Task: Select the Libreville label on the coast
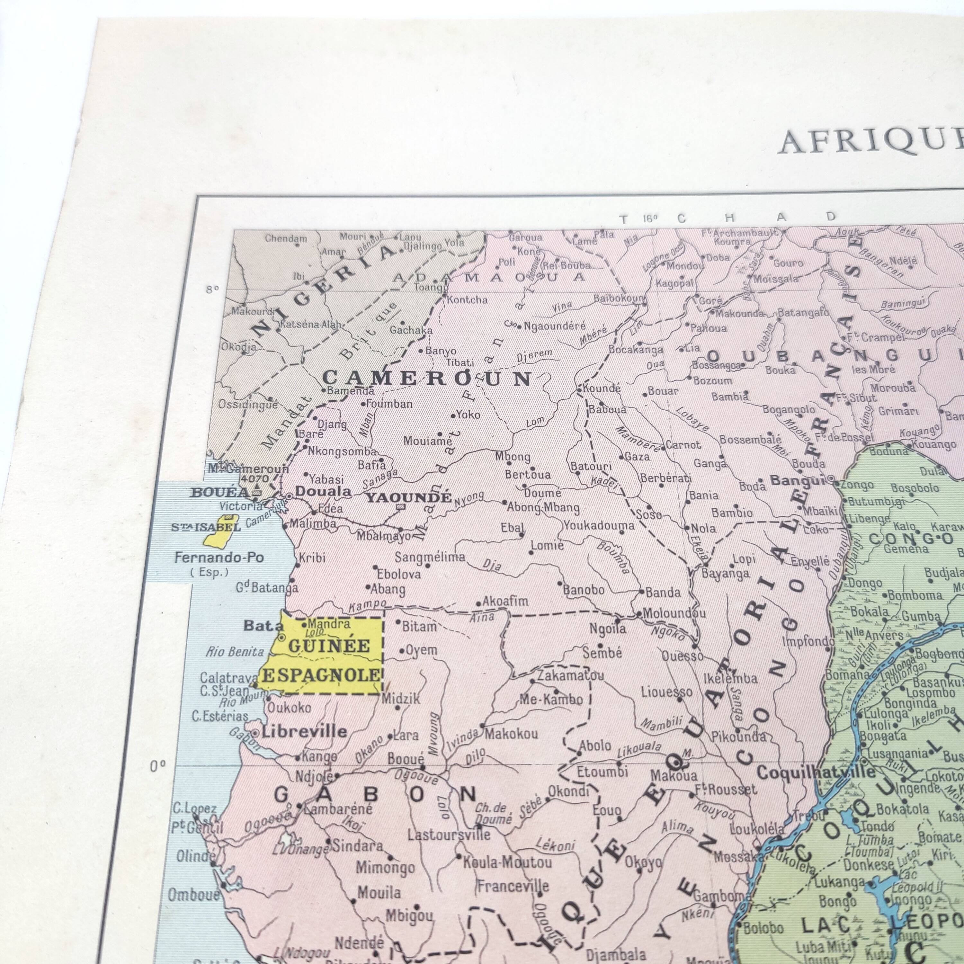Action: [304, 732]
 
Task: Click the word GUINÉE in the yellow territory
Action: [329, 646]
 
